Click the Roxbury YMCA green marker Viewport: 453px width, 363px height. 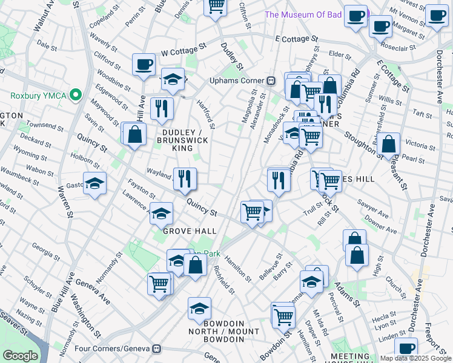point(76,95)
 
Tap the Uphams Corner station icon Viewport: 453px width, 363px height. point(272,80)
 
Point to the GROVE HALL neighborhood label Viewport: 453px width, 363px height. point(186,231)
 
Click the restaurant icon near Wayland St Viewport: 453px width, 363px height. point(185,178)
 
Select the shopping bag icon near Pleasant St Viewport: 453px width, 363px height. point(389,145)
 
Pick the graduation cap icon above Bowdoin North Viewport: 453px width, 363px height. point(199,309)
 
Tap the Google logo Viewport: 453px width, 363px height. point(20,355)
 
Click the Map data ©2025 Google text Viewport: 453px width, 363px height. point(415,358)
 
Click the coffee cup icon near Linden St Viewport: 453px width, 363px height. point(406,349)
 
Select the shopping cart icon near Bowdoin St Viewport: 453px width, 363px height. point(283,315)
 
